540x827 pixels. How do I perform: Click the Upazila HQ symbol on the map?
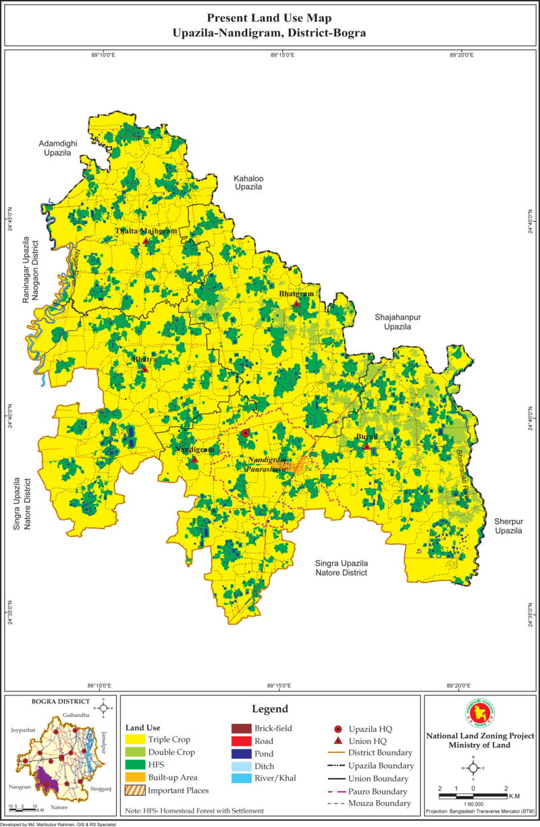pyautogui.click(x=246, y=433)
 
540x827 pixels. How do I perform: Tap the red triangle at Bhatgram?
pyautogui.click(x=296, y=304)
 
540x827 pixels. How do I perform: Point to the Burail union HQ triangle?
pyautogui.click(x=367, y=447)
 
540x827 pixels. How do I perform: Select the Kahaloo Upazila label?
pyautogui.click(x=248, y=182)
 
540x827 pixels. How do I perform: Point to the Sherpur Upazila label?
pyautogui.click(x=508, y=526)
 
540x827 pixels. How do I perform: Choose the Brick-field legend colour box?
pyautogui.click(x=241, y=729)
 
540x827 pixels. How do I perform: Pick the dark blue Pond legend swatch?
pyautogui.click(x=241, y=753)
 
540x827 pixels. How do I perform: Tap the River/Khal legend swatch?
pyautogui.click(x=241, y=778)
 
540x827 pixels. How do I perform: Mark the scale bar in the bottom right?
pyautogui.click(x=473, y=796)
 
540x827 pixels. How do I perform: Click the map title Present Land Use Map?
pyautogui.click(x=269, y=18)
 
